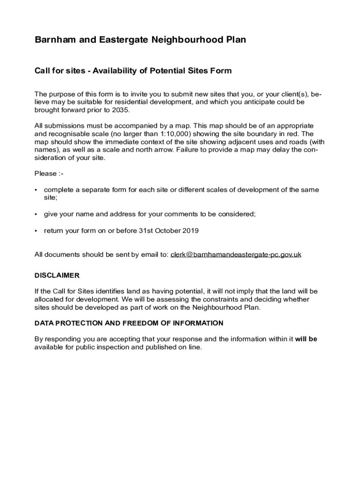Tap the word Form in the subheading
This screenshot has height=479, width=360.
click(x=221, y=71)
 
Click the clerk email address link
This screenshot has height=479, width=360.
click(x=236, y=254)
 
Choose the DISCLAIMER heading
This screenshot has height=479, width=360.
click(x=57, y=275)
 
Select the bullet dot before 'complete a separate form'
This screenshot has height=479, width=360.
click(x=36, y=190)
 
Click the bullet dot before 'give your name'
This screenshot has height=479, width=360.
click(x=36, y=214)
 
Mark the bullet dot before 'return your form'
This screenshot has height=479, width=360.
click(x=36, y=231)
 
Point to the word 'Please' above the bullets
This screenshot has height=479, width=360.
click(x=45, y=174)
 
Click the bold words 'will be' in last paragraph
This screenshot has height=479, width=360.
click(x=306, y=339)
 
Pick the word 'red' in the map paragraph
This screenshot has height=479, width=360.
click(x=283, y=134)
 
